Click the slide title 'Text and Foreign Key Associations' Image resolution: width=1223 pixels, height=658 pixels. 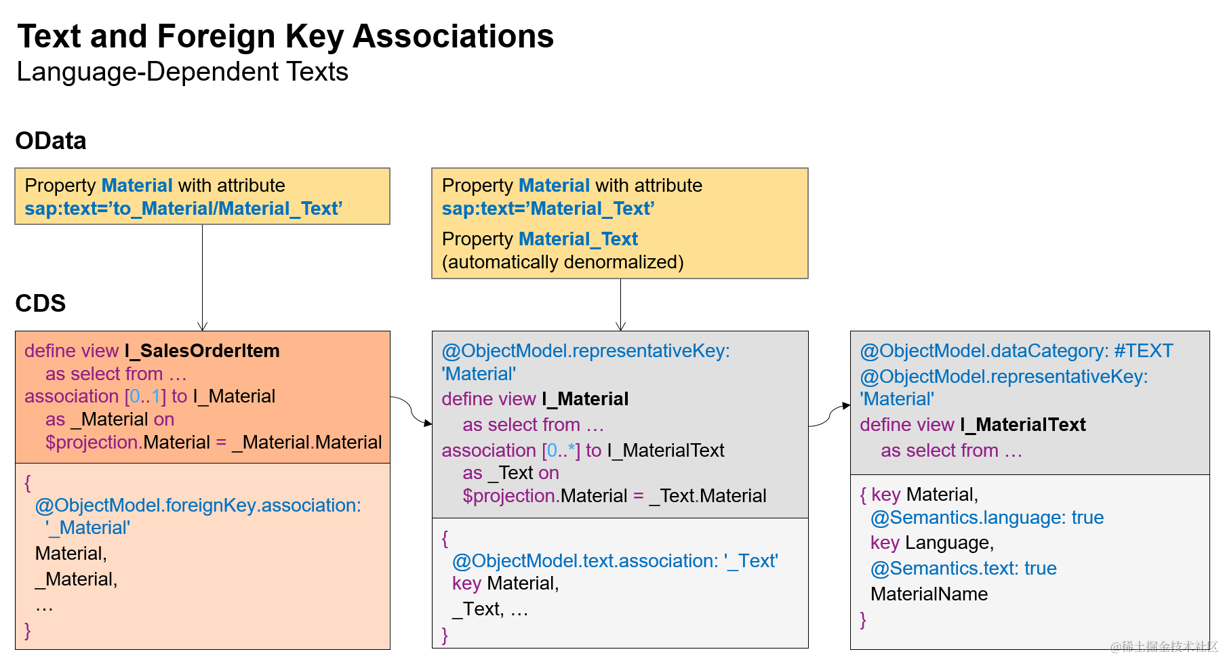coord(285,37)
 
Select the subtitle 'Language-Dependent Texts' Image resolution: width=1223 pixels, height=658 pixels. coord(182,72)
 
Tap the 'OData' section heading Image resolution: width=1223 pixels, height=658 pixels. coord(51,141)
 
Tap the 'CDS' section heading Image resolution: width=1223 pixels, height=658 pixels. coord(41,303)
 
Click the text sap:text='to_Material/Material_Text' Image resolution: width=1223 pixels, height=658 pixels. coord(183,209)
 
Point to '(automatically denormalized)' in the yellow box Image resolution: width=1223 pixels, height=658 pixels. coord(562,262)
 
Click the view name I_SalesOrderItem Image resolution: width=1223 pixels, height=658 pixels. coord(202,351)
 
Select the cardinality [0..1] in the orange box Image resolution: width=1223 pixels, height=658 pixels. coord(145,396)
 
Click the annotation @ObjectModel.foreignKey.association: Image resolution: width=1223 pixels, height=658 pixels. coord(198,506)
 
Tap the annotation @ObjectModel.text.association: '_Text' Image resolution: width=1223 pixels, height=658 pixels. coord(615,561)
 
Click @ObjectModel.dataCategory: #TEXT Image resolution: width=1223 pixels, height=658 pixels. coord(1016,351)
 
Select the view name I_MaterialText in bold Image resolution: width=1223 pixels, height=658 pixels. coord(1022,425)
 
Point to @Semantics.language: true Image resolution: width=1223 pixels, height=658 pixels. coord(986,518)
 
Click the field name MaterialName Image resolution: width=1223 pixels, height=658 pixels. coord(929,594)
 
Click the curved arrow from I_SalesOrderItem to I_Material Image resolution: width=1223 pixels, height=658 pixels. coord(411,410)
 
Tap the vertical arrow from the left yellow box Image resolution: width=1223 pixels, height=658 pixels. coord(202,278)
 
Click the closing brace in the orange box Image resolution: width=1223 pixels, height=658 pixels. coord(28,631)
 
